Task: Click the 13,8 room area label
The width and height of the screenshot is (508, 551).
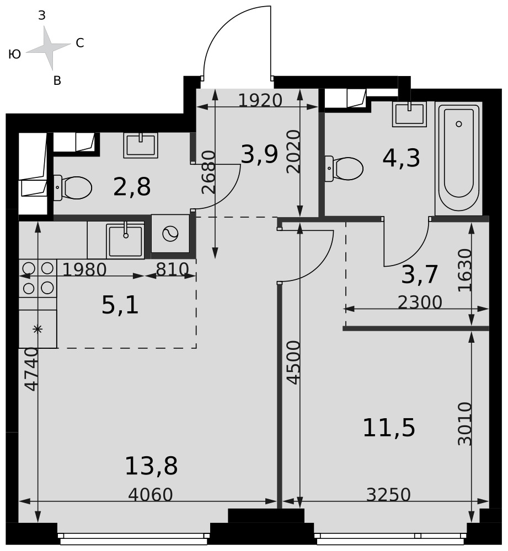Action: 151,466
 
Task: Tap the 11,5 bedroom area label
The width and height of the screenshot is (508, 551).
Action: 389,428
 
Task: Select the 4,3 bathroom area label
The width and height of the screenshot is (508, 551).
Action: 401,158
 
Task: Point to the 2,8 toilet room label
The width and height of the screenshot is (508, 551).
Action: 132,187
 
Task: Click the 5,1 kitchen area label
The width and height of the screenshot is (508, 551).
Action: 120,305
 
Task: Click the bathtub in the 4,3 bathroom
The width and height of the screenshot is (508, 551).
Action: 458,159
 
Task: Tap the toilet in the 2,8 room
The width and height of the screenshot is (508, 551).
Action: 73,188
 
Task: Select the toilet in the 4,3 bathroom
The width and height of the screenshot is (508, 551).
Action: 344,169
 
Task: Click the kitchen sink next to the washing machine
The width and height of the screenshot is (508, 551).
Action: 125,241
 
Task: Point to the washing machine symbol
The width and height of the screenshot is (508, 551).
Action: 170,234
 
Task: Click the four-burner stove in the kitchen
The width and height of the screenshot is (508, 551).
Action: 38,278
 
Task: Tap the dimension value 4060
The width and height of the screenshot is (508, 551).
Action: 151,495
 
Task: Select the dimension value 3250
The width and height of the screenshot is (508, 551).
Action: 388,495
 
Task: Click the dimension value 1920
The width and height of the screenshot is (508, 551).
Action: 260,100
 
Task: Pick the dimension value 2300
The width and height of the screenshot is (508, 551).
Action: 420,302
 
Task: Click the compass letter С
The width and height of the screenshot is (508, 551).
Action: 80,43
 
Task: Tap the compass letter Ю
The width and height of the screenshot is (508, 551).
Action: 14,54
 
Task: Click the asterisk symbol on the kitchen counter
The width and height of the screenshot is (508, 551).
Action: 38,329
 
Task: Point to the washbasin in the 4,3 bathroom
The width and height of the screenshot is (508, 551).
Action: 409,114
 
